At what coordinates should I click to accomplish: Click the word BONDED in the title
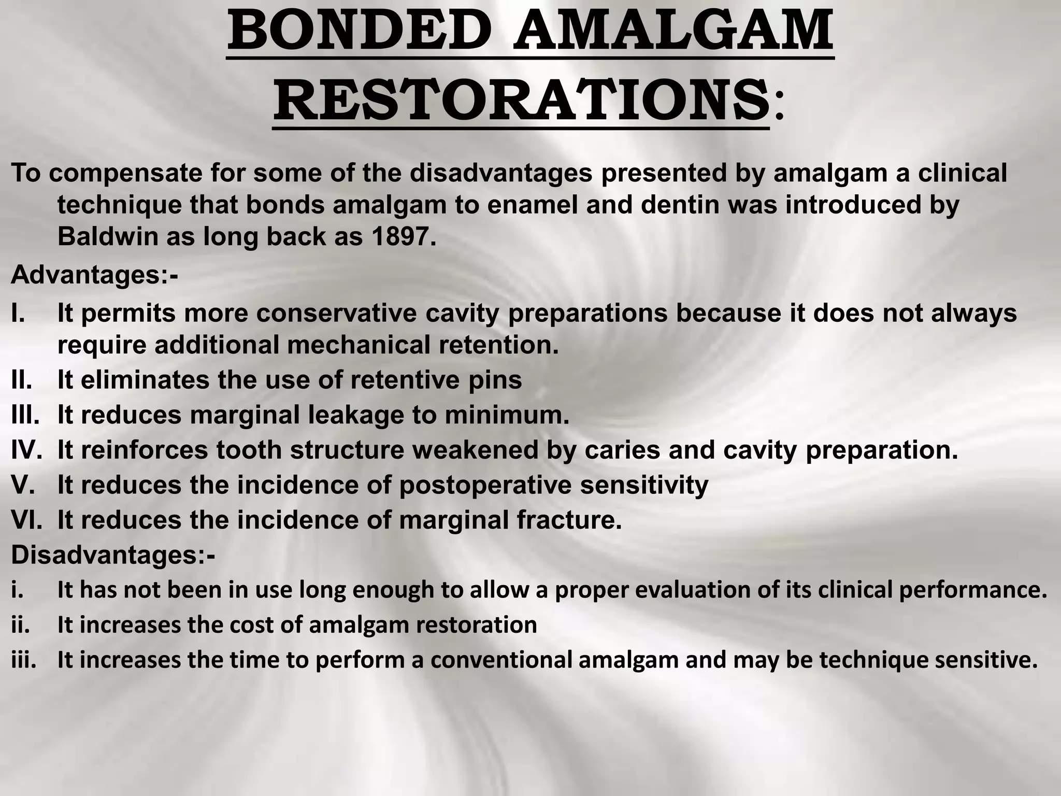coord(361,31)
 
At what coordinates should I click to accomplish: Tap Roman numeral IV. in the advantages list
coord(26,450)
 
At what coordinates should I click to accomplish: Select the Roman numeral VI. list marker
coord(26,520)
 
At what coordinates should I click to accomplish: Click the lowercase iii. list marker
coord(24,660)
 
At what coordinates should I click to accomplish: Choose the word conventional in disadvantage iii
coord(500,660)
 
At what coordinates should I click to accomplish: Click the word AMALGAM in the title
coord(673,31)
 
